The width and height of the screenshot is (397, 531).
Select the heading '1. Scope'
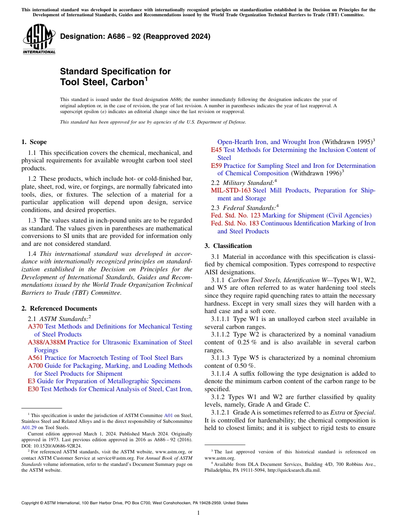34,142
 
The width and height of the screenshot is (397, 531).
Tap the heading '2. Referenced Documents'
59,308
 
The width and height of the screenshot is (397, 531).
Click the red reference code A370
35,326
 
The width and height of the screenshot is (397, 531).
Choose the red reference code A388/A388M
46,342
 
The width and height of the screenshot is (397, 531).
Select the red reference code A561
35,358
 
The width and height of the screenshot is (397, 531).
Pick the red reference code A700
35,366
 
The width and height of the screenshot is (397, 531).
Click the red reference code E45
216,150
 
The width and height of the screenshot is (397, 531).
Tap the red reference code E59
216,166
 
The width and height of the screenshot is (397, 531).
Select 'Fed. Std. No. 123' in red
236,215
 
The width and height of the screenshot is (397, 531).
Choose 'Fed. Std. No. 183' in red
236,223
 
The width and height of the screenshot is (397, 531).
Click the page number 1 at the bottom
198,513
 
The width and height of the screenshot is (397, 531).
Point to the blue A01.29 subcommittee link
28,427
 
